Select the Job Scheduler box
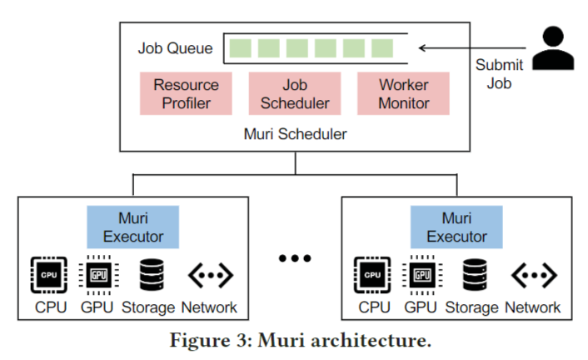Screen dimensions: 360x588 click(295, 94)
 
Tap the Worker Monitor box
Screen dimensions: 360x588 click(404, 94)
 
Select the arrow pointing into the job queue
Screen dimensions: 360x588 click(466, 47)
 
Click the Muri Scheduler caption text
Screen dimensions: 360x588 click(295, 132)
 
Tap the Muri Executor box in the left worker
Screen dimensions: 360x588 click(133, 227)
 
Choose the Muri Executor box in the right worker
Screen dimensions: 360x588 click(457, 227)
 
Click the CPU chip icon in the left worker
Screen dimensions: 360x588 click(49, 274)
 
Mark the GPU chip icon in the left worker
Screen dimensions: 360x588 click(97, 274)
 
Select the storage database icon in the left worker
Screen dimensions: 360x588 click(150, 274)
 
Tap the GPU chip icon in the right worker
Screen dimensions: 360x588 click(421, 274)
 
